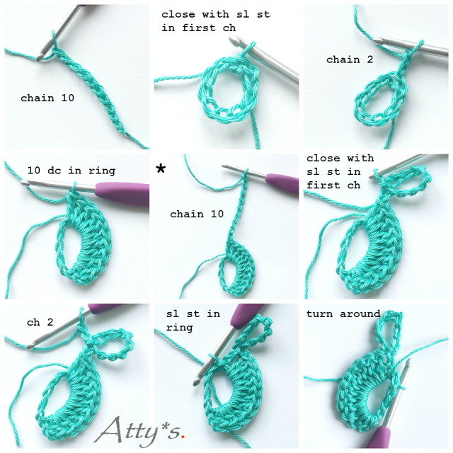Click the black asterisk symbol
pyautogui.click(x=161, y=168)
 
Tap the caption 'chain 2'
pyautogui.click(x=350, y=59)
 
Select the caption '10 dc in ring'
pyautogui.click(x=71, y=171)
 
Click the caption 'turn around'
pyautogui.click(x=343, y=314)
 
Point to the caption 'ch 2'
pyautogui.click(x=40, y=322)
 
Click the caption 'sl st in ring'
pyautogui.click(x=193, y=321)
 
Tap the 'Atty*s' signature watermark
pyautogui.click(x=139, y=431)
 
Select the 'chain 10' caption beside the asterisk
pyautogui.click(x=197, y=214)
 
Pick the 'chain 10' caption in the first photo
pyautogui.click(x=47, y=98)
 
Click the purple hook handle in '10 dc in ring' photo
pyautogui.click(x=122, y=193)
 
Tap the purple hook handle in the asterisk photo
pyautogui.click(x=282, y=183)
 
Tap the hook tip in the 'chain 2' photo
pyautogui.click(x=377, y=41)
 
